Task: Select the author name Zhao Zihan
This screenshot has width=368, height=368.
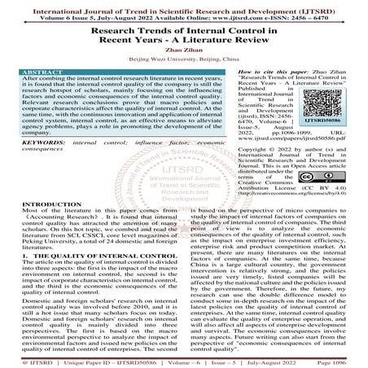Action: click(x=183, y=50)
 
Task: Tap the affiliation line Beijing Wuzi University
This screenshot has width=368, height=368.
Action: click(x=183, y=59)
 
